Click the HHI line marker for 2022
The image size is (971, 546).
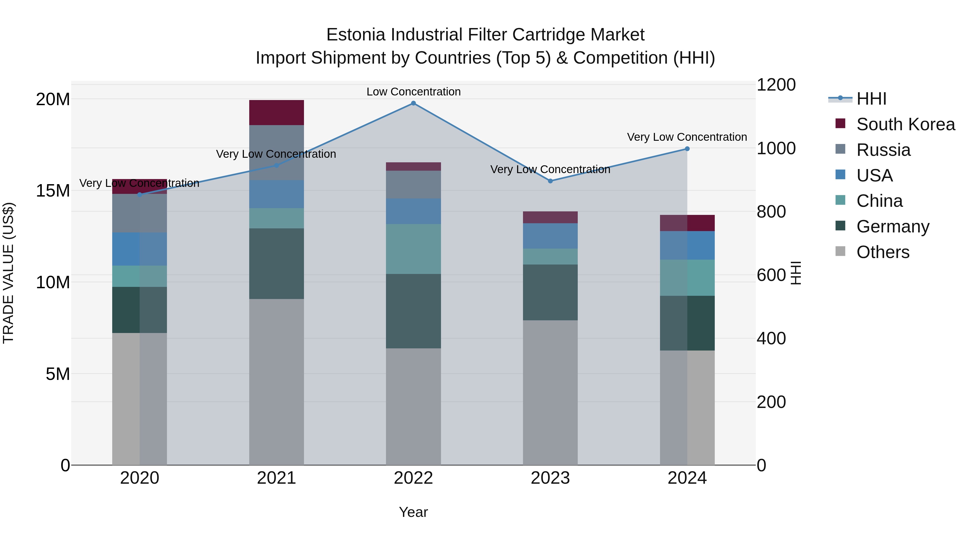(x=413, y=103)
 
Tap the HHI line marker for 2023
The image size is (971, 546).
(x=550, y=181)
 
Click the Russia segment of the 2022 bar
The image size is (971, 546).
(x=413, y=185)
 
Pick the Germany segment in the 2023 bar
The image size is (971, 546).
(x=550, y=292)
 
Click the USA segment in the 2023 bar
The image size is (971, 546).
(x=550, y=236)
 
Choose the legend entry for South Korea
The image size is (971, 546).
(x=905, y=124)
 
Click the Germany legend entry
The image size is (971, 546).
(x=892, y=226)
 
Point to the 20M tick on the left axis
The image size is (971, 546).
(x=53, y=99)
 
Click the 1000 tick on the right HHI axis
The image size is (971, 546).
(x=776, y=149)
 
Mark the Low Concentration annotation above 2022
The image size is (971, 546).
(x=413, y=92)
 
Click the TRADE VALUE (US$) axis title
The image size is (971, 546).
(x=8, y=273)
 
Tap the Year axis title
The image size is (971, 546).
(x=413, y=512)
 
